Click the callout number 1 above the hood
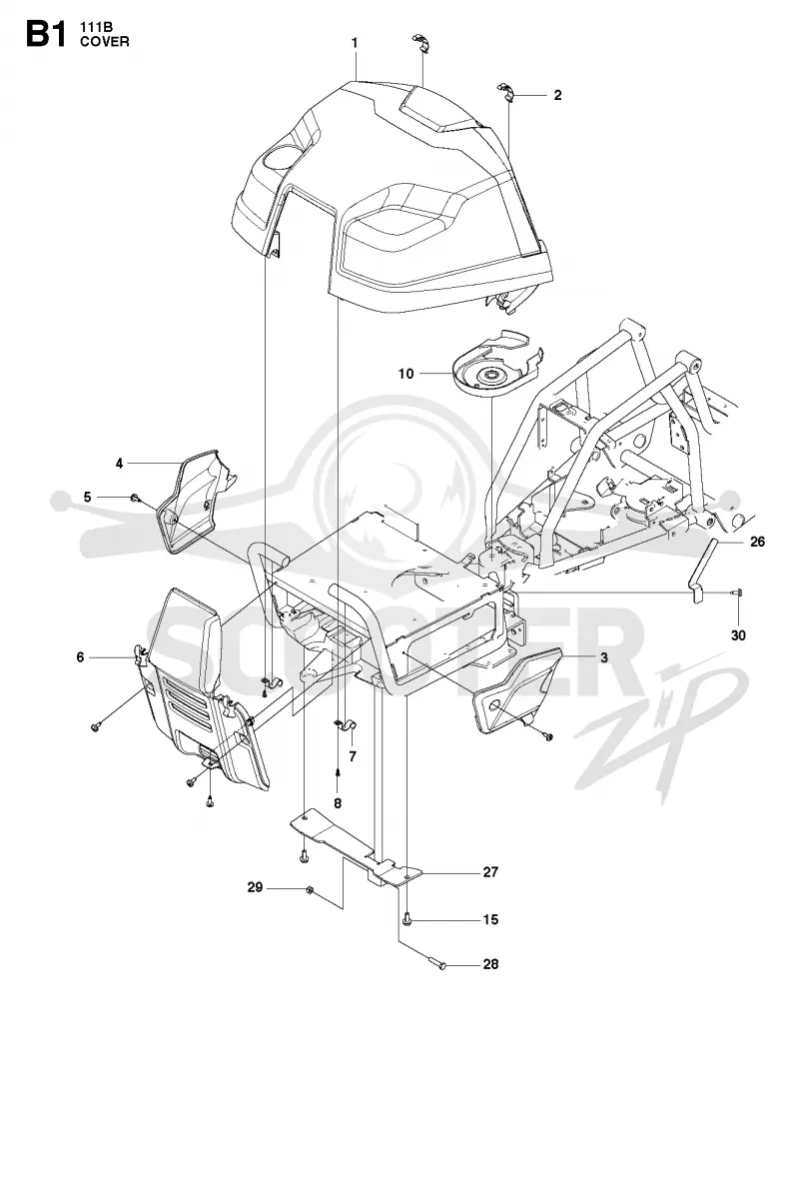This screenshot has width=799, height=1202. [x=355, y=43]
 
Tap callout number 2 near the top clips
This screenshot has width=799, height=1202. [x=557, y=95]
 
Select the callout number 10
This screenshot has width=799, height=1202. [x=405, y=374]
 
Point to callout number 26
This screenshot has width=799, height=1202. [x=757, y=542]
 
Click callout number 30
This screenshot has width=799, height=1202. [x=738, y=635]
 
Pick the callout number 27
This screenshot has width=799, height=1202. [x=490, y=872]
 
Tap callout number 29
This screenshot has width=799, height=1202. [x=256, y=887]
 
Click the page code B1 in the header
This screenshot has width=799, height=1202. [x=46, y=35]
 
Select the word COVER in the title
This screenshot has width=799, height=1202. [x=105, y=41]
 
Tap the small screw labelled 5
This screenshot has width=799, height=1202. [x=135, y=498]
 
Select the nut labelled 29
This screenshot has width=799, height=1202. [x=310, y=891]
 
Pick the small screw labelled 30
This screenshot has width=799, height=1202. [x=736, y=592]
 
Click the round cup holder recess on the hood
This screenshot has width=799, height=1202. [x=279, y=161]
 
